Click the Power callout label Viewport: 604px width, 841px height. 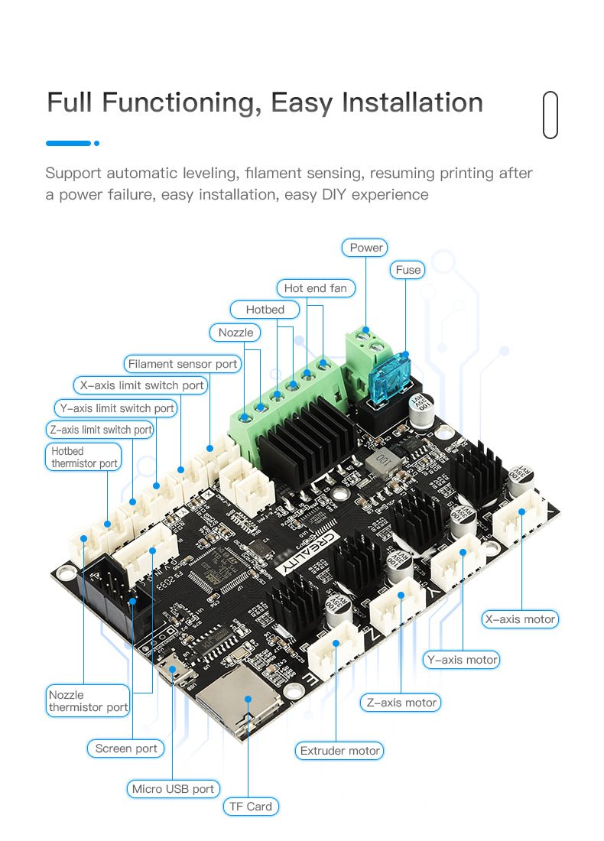coord(366,248)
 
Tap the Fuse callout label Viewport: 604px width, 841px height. coord(408,270)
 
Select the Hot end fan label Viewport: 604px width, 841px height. coord(315,288)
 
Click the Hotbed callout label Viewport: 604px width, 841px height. coord(265,310)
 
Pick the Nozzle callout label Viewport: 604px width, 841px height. coord(235,333)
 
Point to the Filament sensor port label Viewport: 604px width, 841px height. coord(183,364)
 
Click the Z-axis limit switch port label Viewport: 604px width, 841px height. coord(101,430)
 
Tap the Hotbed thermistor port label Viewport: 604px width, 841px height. coord(84,457)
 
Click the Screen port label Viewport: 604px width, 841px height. coord(126,748)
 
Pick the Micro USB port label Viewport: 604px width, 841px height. coord(173,788)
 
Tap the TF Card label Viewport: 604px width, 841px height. coord(251,807)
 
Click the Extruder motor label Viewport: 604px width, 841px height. coord(340,751)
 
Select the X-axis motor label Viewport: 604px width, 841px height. coord(520,619)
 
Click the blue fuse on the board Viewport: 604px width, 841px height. coord(389,378)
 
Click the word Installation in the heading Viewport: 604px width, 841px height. coord(412,102)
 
